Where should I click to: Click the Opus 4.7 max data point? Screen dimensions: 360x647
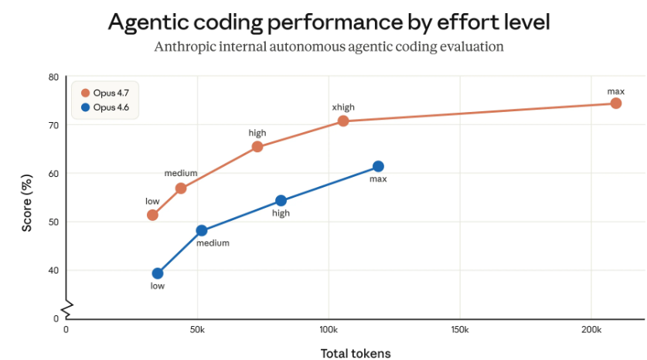[x=615, y=104]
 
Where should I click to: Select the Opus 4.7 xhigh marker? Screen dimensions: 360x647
[x=343, y=121]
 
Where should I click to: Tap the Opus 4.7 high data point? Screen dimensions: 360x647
[x=257, y=147]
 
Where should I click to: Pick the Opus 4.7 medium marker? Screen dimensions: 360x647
[x=181, y=188]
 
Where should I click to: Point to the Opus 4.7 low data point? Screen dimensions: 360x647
[x=152, y=215]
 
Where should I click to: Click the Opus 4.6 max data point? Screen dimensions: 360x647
[x=378, y=166]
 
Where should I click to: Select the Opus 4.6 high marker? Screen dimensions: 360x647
[x=281, y=201]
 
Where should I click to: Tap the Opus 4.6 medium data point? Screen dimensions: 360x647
[x=202, y=230]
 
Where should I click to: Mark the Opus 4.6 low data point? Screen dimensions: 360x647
[x=158, y=273]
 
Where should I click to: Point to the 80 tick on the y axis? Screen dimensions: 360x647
[x=53, y=76]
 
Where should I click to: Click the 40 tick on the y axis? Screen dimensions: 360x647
[x=53, y=270]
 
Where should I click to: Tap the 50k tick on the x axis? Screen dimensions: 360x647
[x=196, y=330]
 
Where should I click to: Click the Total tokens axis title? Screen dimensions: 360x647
[x=356, y=353]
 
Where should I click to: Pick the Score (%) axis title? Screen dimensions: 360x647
[x=26, y=197]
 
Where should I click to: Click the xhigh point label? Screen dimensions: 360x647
[x=343, y=107]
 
